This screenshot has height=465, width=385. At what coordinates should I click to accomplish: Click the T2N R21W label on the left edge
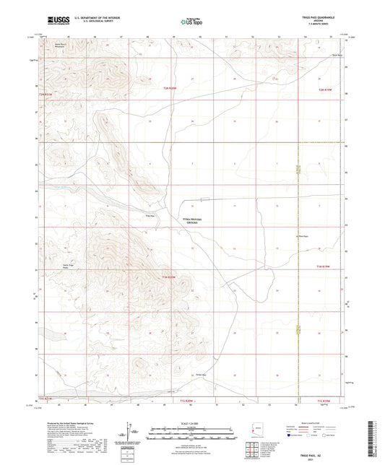46,95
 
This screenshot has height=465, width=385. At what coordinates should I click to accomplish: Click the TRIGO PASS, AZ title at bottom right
321,448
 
